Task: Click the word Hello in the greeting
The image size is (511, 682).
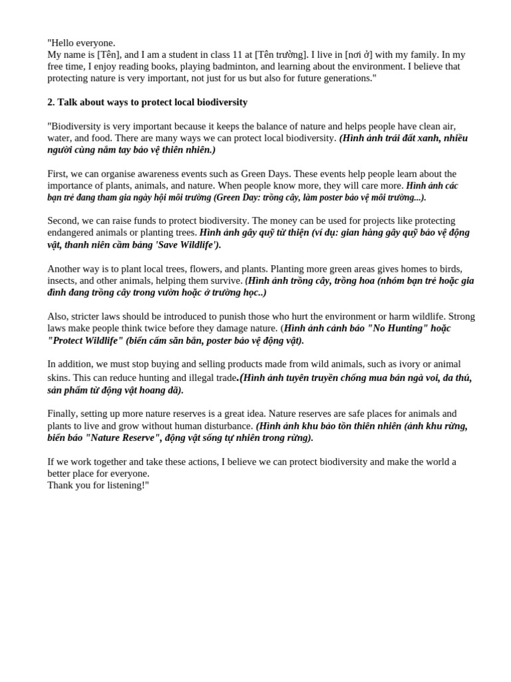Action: click(x=65, y=43)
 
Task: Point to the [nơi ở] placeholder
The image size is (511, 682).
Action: click(x=359, y=55)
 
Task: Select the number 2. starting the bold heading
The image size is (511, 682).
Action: click(x=51, y=102)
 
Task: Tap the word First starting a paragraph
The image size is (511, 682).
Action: click(x=58, y=174)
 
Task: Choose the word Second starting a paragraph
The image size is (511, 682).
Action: click(x=64, y=220)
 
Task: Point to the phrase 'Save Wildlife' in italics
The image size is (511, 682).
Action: click(x=186, y=244)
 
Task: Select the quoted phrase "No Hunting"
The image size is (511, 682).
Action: click(x=392, y=328)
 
